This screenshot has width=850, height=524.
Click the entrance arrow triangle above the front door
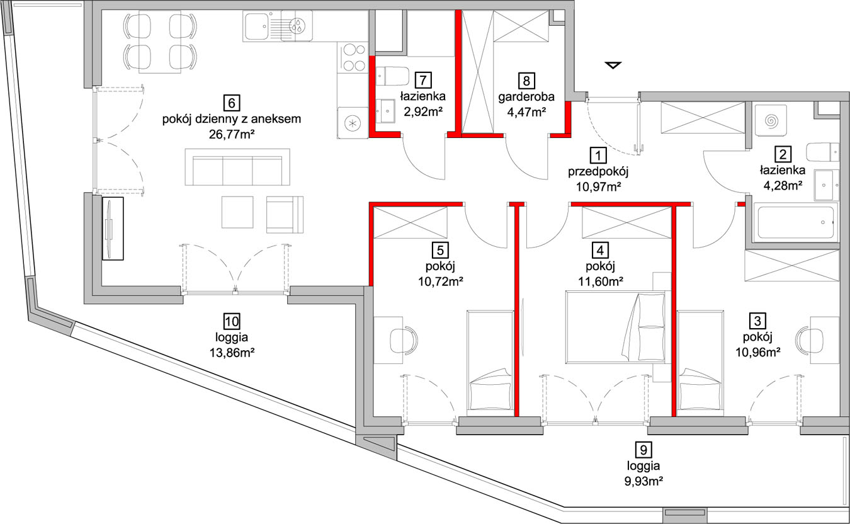(613, 65)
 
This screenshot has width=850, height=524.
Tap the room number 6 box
(232, 103)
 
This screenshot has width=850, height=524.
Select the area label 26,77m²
(232, 134)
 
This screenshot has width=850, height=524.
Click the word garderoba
(526, 97)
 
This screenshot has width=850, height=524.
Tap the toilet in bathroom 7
(392, 76)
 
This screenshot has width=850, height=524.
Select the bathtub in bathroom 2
(795, 223)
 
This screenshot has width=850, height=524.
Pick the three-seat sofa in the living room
(237, 167)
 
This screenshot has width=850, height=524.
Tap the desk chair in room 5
(404, 340)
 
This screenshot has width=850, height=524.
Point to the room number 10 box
(232, 321)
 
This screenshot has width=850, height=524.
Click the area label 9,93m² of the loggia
(643, 481)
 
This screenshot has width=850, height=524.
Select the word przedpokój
(598, 171)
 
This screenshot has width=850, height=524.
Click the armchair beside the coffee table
(285, 214)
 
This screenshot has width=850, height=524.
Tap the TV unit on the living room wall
(113, 229)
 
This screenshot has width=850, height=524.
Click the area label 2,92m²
(423, 111)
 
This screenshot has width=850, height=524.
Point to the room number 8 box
(526, 81)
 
